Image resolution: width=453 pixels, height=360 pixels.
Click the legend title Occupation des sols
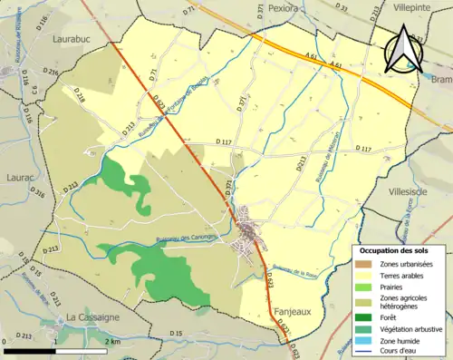(x=396, y=249)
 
